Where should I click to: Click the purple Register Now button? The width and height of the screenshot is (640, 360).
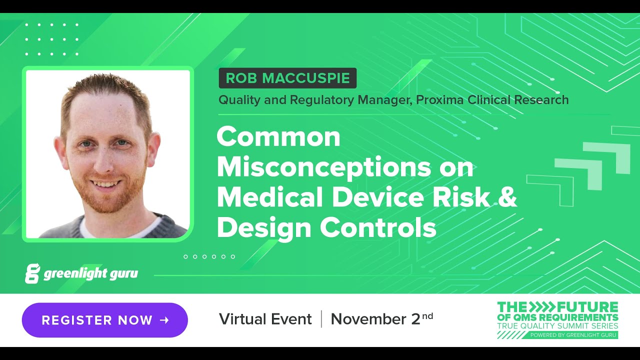click(104, 320)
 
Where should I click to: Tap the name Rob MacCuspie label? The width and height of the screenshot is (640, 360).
click(287, 78)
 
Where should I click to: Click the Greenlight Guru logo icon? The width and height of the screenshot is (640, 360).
click(32, 273)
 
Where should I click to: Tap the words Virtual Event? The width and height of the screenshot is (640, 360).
click(265, 319)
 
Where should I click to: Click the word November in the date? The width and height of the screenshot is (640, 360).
click(368, 319)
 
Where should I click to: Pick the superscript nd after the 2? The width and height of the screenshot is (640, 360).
click(427, 315)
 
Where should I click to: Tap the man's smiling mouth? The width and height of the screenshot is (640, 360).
click(105, 183)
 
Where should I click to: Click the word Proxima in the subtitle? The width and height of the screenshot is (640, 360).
click(439, 100)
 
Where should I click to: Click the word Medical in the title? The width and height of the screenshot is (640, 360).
click(270, 197)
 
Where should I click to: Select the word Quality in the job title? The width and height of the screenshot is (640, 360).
click(238, 100)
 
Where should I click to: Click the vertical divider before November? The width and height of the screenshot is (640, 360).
click(321, 319)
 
